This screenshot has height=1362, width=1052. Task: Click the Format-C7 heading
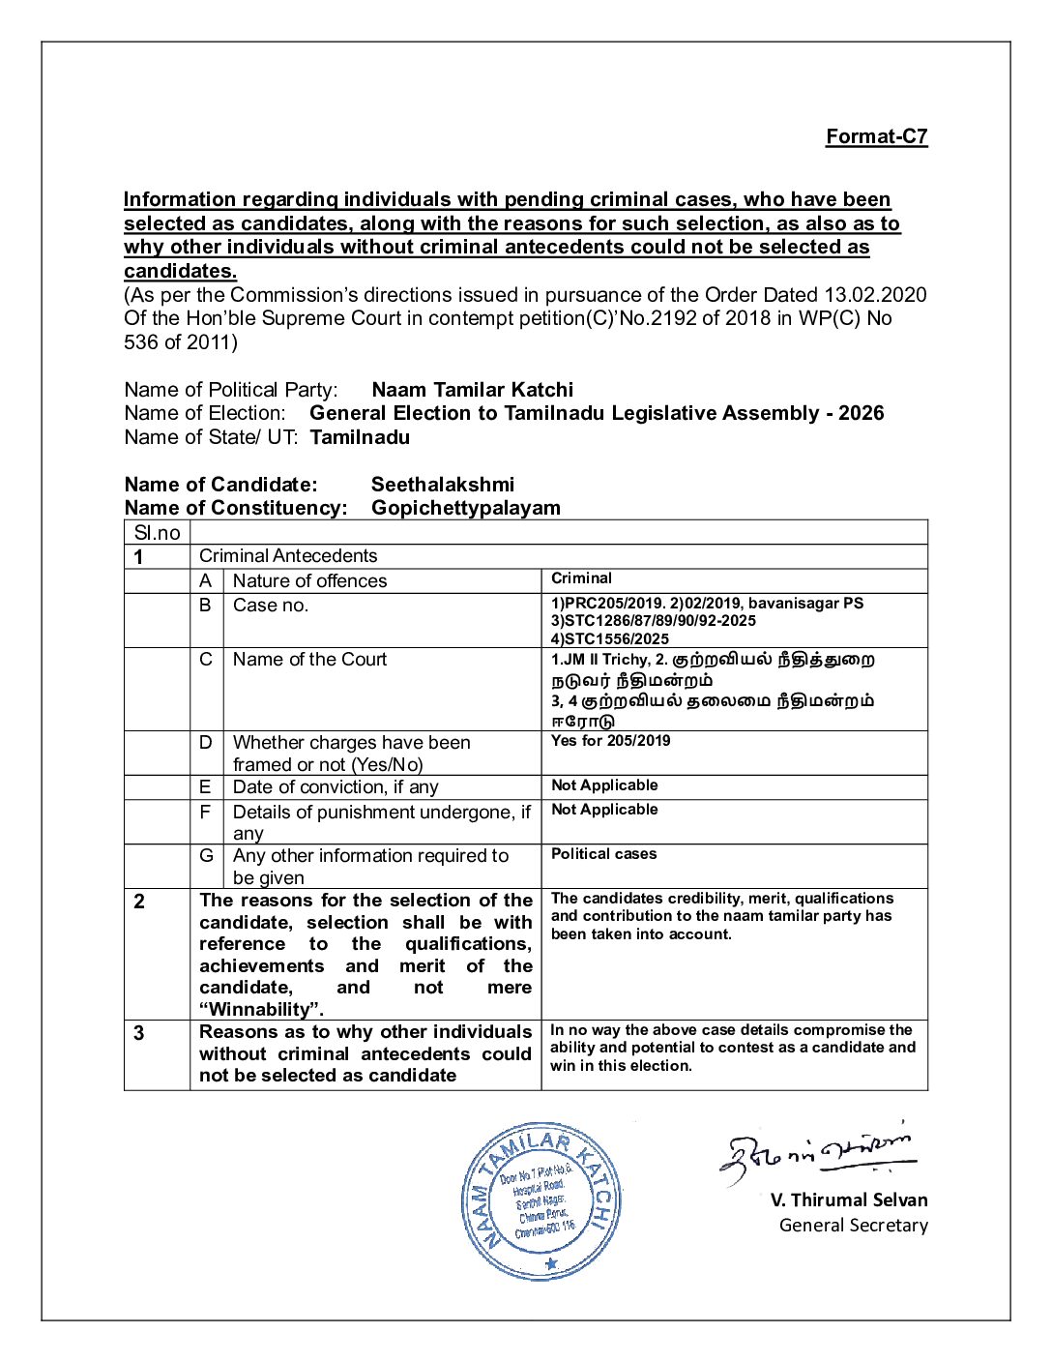click(876, 136)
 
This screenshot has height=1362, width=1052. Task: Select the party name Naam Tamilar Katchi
click(472, 390)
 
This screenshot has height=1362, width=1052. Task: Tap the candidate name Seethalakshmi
click(442, 485)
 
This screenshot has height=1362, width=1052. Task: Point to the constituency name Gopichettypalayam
click(465, 508)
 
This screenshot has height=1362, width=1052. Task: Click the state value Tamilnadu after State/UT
click(360, 437)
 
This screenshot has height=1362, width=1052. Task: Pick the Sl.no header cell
click(158, 533)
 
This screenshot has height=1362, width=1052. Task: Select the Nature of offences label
click(309, 580)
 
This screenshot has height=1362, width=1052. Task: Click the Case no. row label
click(271, 606)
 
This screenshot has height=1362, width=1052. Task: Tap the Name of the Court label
click(309, 660)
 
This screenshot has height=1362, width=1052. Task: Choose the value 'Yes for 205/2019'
click(610, 741)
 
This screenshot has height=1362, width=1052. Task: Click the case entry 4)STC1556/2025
click(609, 638)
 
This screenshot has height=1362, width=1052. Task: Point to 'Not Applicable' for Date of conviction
click(604, 785)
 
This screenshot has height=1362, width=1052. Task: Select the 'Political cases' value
click(603, 854)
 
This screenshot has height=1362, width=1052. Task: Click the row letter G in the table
click(206, 856)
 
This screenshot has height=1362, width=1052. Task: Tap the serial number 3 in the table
click(139, 1033)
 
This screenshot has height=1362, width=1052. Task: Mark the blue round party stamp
click(541, 1202)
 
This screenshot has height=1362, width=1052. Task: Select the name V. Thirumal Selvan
click(849, 1200)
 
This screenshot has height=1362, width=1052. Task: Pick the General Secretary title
click(853, 1226)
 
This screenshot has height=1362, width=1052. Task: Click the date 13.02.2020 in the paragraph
click(875, 295)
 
